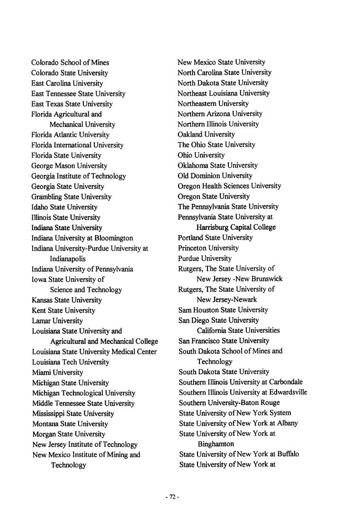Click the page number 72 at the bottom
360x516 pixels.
click(172, 497)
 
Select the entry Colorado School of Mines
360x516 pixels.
click(70, 63)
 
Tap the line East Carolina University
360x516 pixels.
click(67, 83)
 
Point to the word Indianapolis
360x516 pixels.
click(68, 259)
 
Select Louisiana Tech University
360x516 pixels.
click(71, 362)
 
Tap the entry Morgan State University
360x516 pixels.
click(69, 434)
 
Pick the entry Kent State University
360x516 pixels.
click(63, 310)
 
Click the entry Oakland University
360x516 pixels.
click(206, 135)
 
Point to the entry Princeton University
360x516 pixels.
click(208, 248)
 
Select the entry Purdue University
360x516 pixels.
click(205, 258)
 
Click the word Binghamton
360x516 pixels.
click(216, 444)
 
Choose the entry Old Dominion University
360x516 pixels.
click(215, 176)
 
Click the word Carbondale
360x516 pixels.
click(286, 382)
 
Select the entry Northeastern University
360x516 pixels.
click(213, 103)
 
